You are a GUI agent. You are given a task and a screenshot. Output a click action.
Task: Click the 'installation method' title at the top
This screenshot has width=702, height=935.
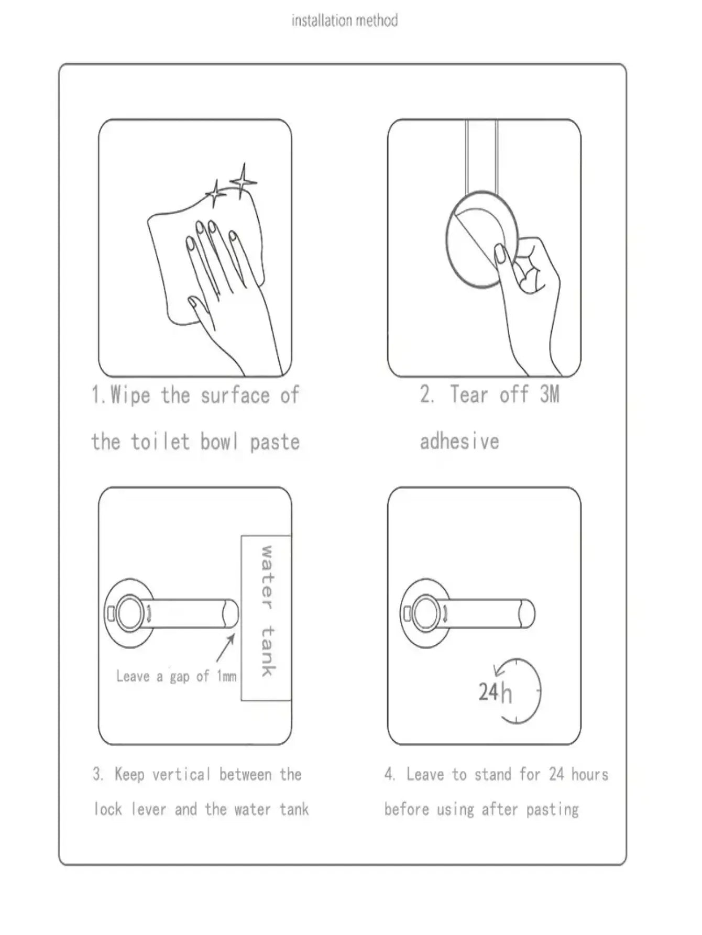[344, 21]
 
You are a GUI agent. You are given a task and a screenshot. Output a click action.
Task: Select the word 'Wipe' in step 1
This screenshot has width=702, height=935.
[130, 395]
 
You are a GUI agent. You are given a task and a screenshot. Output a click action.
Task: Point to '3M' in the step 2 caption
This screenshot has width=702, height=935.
[550, 394]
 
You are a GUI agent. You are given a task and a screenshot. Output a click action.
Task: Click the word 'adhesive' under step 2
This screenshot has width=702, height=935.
[459, 442]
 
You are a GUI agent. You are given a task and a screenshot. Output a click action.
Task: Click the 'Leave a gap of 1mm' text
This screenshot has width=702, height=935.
[176, 676]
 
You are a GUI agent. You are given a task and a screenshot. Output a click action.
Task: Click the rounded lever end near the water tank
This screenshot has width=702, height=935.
[231, 613]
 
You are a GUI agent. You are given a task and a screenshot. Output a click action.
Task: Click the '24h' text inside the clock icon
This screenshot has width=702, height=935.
[495, 692]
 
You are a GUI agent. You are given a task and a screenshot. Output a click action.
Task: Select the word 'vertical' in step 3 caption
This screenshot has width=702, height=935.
[181, 774]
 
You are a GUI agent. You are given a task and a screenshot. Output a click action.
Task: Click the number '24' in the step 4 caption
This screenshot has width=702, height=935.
[556, 774]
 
